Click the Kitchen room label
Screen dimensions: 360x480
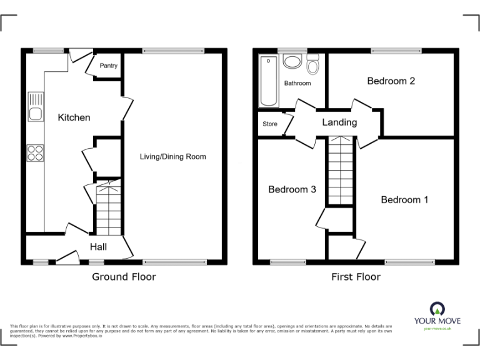tap(74, 117)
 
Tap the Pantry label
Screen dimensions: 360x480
tap(108, 66)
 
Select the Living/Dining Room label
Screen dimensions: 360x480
tap(172, 156)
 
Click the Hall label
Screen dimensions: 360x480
tap(98, 247)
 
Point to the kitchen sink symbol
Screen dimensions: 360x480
tap(36, 107)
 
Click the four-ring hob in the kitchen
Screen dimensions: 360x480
tap(36, 152)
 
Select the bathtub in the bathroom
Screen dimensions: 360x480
tap(269, 81)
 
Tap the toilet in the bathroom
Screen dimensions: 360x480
tap(312, 64)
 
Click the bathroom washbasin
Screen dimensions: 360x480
tap(292, 62)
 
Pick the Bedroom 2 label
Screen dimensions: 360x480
tap(391, 81)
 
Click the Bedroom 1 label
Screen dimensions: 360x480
tap(404, 200)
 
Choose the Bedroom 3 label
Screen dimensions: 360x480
tap(292, 189)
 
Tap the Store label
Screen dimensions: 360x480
tap(269, 124)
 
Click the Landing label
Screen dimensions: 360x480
tap(339, 122)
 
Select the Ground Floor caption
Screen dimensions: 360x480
tap(124, 277)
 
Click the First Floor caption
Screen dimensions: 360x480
tap(356, 277)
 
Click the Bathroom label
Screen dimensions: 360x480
tap(297, 83)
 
